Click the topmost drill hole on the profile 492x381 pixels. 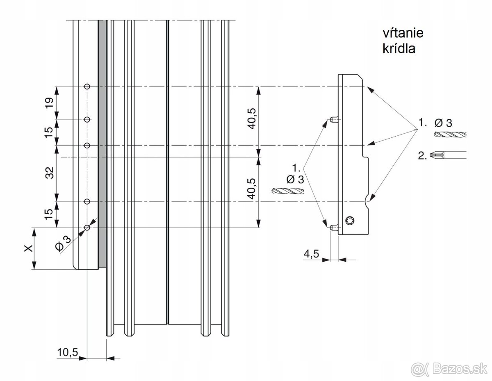click(87, 86)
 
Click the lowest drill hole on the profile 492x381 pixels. click(87, 227)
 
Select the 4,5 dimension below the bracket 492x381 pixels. click(311, 254)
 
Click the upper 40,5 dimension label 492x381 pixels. click(252, 119)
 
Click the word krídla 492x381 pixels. click(397, 48)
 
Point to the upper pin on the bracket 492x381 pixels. click(333, 119)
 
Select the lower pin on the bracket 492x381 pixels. click(333, 226)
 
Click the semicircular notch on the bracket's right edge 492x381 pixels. click(367, 201)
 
